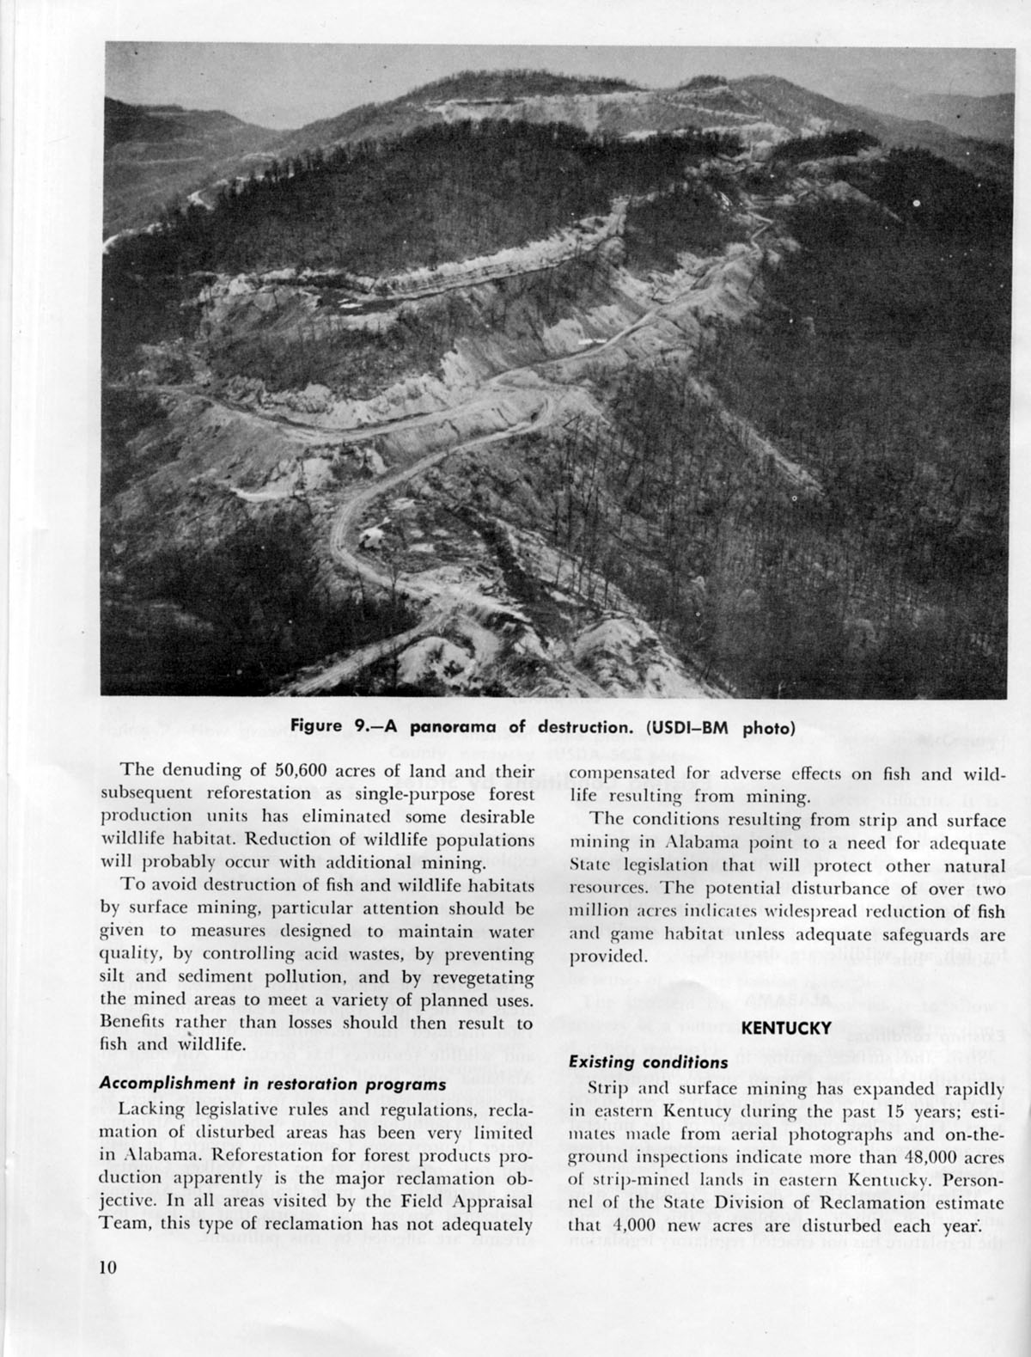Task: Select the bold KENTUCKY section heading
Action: pyautogui.click(x=786, y=1027)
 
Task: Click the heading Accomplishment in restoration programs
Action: pyautogui.click(x=272, y=1084)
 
